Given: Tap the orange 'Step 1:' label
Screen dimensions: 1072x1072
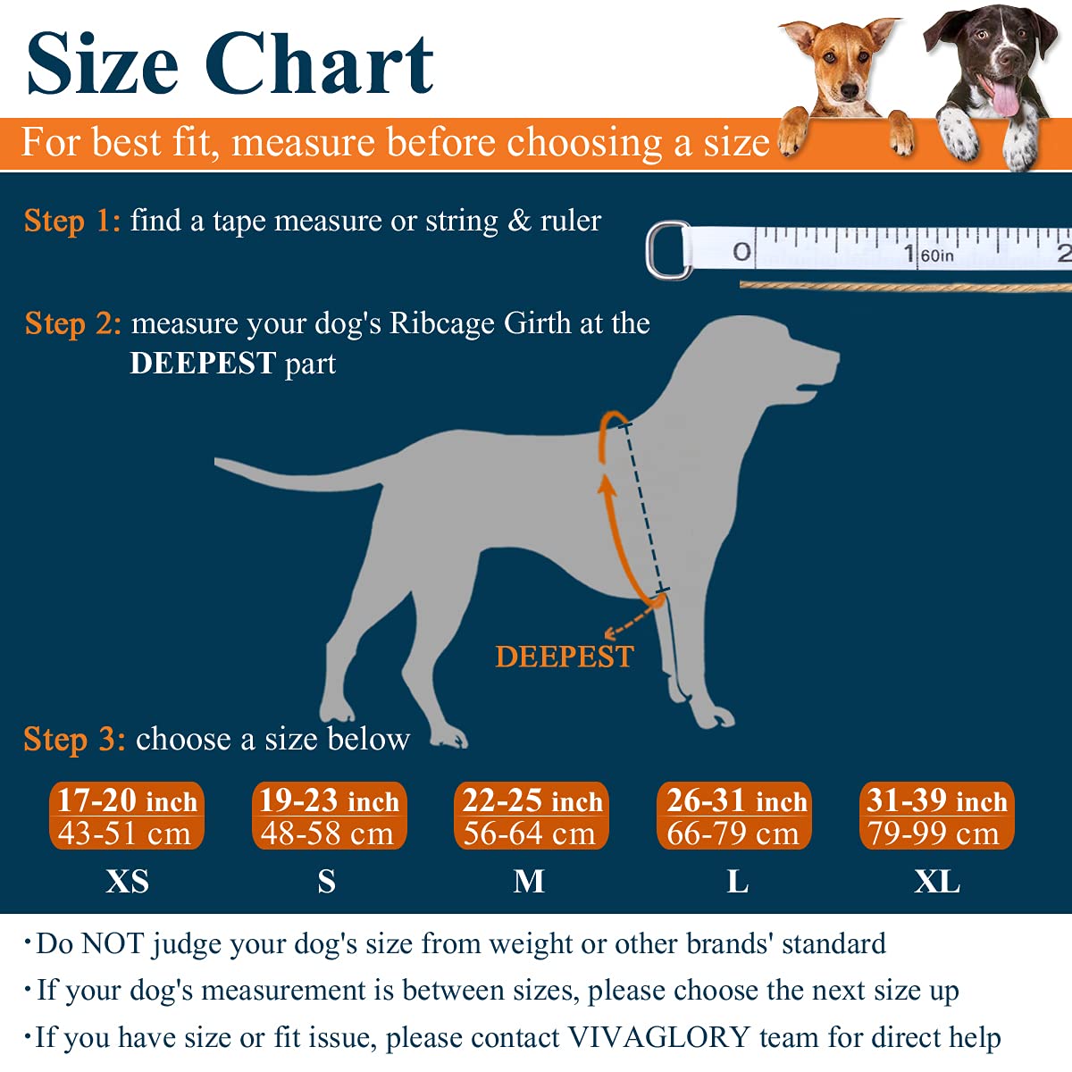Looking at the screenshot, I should tap(71, 221).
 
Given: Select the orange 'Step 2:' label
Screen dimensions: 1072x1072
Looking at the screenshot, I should tap(72, 323).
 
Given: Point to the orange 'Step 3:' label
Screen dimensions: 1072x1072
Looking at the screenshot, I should tap(73, 740).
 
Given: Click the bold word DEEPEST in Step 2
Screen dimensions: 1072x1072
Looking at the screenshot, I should tap(203, 364).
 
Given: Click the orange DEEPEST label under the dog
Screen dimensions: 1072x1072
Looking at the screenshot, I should tap(564, 657).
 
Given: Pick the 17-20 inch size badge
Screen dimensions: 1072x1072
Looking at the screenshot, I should tap(127, 816).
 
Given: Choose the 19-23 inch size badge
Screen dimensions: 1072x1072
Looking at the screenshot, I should tap(329, 816).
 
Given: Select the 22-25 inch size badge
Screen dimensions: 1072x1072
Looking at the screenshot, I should tap(532, 816).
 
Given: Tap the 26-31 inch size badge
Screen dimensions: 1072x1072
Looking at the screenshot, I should tap(734, 816).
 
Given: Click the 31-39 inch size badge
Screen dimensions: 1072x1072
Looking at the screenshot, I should tap(936, 816).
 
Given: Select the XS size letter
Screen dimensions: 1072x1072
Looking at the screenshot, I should tap(127, 882).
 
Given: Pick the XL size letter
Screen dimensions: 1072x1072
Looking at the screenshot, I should tap(936, 882).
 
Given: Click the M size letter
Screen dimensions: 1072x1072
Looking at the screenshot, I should tap(529, 882).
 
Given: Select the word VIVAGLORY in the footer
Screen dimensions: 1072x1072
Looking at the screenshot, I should tap(658, 1037).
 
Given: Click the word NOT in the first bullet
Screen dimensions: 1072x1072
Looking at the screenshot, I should tap(112, 943).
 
